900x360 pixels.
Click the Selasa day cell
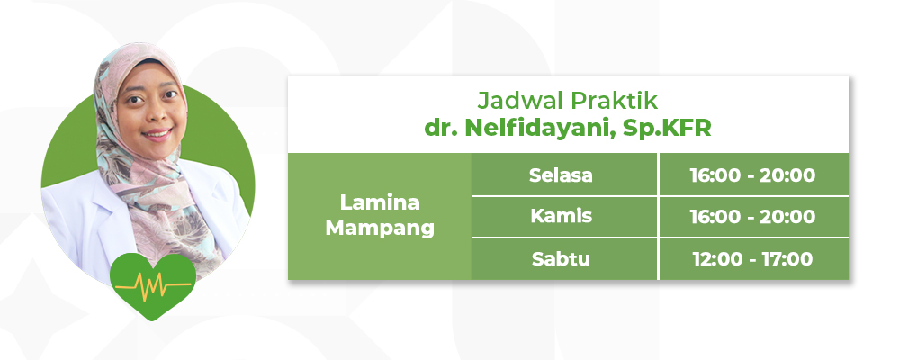tap(564, 175)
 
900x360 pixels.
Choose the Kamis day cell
tap(564, 217)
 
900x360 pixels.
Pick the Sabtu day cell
tap(564, 259)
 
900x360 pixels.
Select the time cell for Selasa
tap(753, 175)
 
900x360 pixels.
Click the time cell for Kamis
tap(753, 217)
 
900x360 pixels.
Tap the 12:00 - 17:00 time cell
tap(753, 259)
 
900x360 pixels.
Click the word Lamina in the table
tap(380, 202)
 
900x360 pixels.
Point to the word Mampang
tap(380, 228)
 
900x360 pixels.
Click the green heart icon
tap(153, 285)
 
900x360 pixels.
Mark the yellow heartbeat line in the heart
tap(153, 284)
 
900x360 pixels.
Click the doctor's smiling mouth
tap(157, 136)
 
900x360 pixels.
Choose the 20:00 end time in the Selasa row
tap(787, 175)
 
